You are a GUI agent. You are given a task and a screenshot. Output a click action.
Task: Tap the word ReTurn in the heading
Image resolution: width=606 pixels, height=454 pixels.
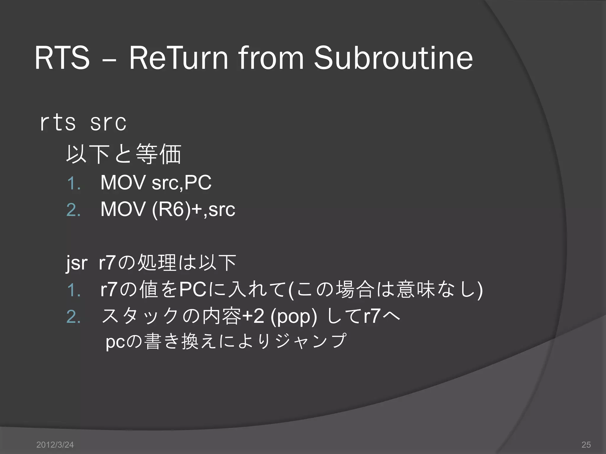click(178, 58)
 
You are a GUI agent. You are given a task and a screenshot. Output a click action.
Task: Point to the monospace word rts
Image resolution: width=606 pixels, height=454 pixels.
click(58, 122)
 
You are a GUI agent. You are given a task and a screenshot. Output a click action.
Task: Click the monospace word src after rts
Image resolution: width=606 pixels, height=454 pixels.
click(108, 122)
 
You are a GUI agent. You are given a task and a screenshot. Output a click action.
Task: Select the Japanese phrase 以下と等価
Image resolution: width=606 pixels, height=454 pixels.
click(123, 154)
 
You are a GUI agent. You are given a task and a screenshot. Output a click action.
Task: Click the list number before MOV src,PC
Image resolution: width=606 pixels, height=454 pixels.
click(73, 183)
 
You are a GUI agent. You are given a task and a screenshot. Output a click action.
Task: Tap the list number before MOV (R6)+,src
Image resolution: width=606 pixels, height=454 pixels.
click(73, 210)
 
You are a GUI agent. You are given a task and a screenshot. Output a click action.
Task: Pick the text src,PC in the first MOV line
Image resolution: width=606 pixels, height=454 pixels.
click(181, 183)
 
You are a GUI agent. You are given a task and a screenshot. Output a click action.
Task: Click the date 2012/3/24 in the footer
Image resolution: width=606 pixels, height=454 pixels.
click(55, 445)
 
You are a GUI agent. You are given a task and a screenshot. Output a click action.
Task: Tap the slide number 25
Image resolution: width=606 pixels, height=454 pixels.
click(586, 445)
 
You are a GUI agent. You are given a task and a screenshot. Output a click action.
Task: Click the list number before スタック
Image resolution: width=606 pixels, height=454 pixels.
click(73, 317)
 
